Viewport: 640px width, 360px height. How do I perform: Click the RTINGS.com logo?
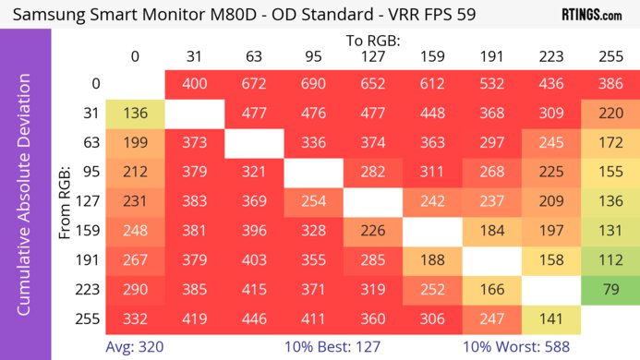pyautogui.click(x=592, y=15)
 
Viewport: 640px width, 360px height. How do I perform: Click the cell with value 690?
pyautogui.click(x=313, y=83)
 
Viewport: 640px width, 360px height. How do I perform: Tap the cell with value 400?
pyautogui.click(x=195, y=83)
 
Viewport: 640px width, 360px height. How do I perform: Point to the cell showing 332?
pyautogui.click(x=136, y=319)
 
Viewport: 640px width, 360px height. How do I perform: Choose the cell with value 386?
pyautogui.click(x=609, y=83)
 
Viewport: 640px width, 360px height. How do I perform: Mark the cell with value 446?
pyautogui.click(x=254, y=319)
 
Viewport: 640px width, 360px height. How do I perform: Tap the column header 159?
pyautogui.click(x=431, y=56)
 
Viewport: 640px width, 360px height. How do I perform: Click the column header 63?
pyautogui.click(x=254, y=56)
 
